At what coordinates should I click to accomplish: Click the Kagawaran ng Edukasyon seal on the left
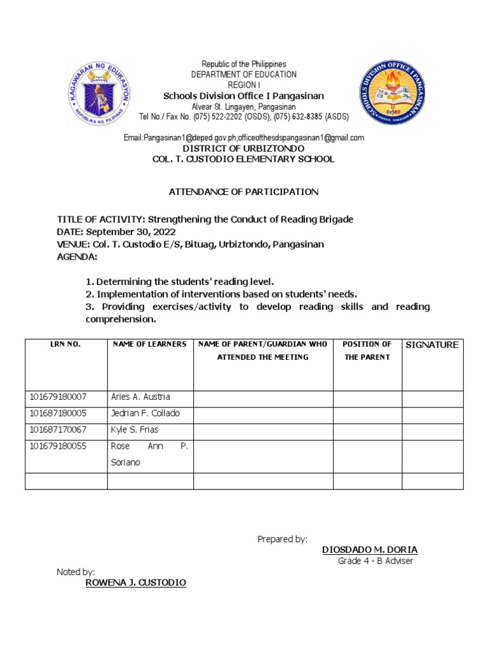click(x=98, y=92)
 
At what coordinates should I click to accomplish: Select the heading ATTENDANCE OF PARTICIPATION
click(x=243, y=192)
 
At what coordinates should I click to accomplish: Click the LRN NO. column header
click(x=65, y=344)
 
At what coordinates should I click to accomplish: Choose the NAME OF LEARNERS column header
click(x=149, y=344)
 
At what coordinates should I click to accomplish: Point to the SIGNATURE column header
click(x=432, y=345)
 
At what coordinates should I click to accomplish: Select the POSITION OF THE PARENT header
click(x=367, y=350)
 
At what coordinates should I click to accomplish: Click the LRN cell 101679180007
click(x=58, y=397)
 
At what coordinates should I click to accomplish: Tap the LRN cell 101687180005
click(x=58, y=413)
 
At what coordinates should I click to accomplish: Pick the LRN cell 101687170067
click(x=58, y=430)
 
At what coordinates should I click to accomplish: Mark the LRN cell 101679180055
click(x=58, y=446)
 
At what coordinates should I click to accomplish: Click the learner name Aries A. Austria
click(x=140, y=397)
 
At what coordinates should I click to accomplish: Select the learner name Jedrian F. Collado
click(x=146, y=413)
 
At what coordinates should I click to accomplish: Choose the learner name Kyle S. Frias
click(x=135, y=430)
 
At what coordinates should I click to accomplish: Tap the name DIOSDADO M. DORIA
click(x=370, y=550)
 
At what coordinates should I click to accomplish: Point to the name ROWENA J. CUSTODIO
click(x=136, y=583)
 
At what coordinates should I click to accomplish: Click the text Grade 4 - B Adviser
click(x=376, y=561)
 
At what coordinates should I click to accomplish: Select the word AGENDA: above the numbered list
click(x=78, y=257)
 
